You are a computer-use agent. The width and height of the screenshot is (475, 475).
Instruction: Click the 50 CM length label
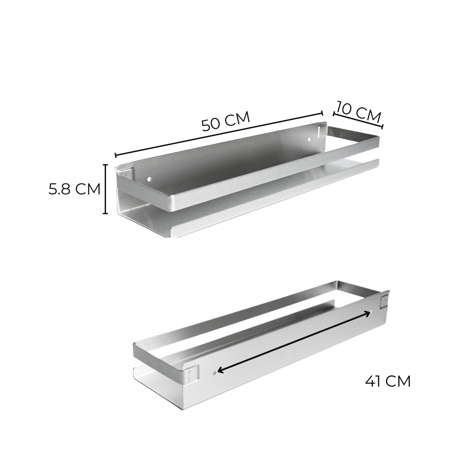click(226, 121)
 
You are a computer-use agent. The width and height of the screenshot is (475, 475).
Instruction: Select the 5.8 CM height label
click(75, 189)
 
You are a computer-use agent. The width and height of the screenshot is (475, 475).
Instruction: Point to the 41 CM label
click(388, 381)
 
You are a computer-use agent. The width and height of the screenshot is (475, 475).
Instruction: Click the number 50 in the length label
click(211, 124)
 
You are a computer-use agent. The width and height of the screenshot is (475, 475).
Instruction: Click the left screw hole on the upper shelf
click(149, 179)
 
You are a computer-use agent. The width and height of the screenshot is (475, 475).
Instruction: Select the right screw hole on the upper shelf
click(309, 139)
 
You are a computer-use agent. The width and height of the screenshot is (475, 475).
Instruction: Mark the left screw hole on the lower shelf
click(214, 372)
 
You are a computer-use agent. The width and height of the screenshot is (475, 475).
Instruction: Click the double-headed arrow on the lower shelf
click(294, 342)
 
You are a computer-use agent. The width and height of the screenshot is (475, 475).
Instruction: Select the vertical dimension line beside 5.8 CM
click(106, 189)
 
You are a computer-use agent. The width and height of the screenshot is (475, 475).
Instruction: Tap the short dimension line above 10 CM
click(358, 121)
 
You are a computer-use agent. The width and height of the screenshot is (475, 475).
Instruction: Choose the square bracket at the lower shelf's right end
click(384, 302)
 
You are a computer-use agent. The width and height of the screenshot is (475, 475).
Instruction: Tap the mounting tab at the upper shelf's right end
click(322, 131)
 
